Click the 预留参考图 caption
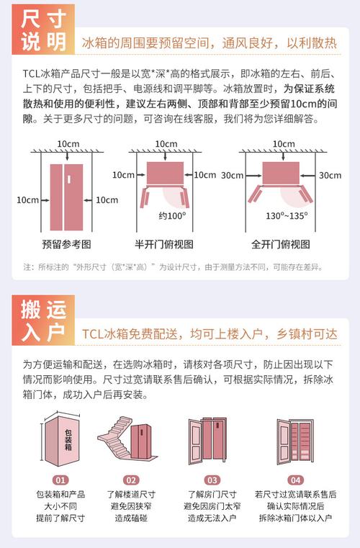coord(67,244)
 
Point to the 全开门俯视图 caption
coord(285,244)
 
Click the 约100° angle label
coord(172,215)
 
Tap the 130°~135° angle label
coord(287,215)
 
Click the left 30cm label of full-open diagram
coord(233,175)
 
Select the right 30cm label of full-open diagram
coord(330,175)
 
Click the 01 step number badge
coord(60,480)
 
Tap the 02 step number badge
coord(131,480)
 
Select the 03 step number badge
coord(212,480)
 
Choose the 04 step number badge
coord(295,480)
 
